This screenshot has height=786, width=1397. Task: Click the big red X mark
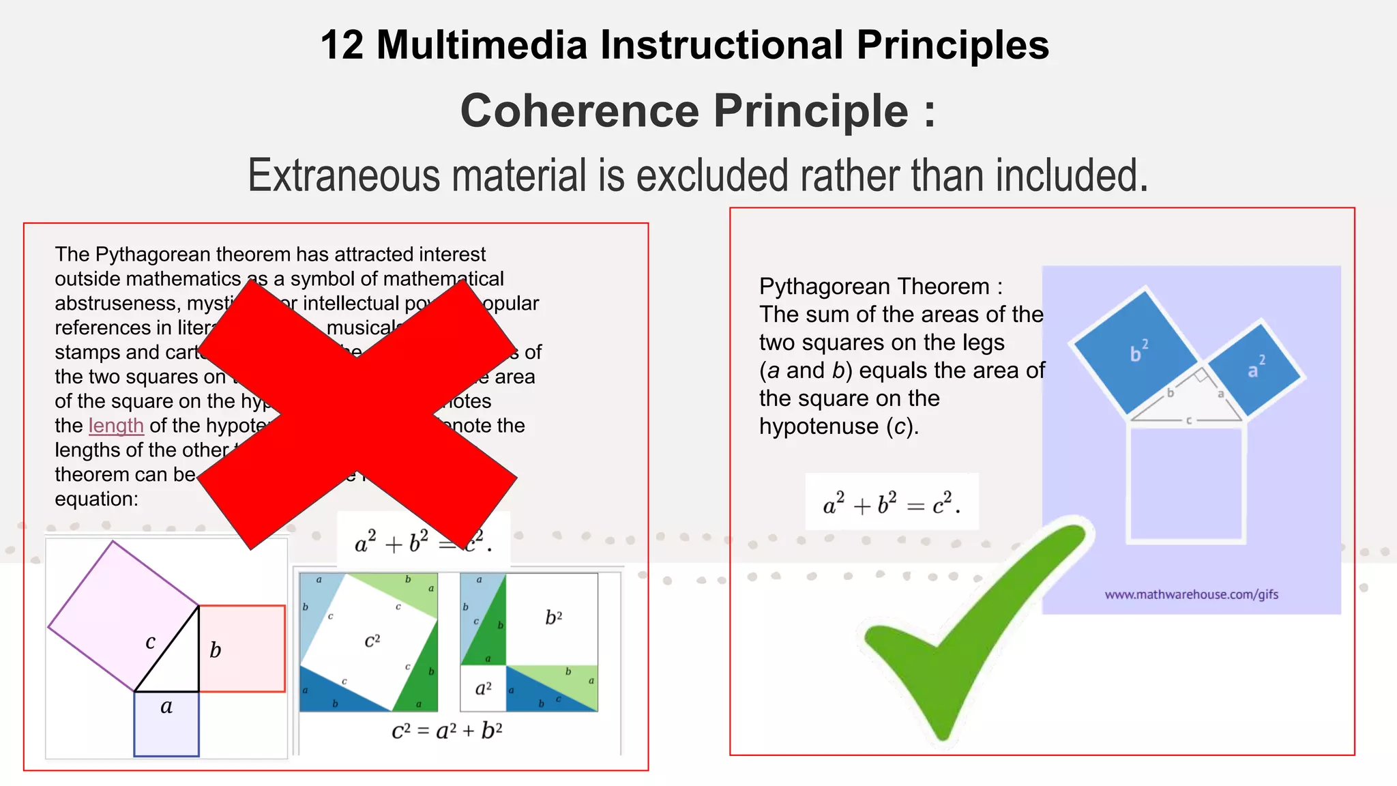click(357, 413)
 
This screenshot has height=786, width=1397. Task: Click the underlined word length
click(116, 426)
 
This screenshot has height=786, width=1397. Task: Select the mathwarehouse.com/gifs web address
click(1191, 594)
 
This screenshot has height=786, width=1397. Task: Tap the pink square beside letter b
click(243, 648)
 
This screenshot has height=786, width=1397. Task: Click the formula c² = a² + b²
click(447, 731)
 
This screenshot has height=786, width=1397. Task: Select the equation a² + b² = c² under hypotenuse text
click(892, 504)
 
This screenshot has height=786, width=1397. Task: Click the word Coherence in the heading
click(580, 111)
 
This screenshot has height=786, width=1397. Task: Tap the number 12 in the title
click(342, 45)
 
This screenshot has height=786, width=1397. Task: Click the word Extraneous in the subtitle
click(344, 175)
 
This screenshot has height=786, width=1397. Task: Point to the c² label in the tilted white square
click(372, 640)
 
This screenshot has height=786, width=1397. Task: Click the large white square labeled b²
click(553, 618)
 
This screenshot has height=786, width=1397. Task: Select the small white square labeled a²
click(483, 688)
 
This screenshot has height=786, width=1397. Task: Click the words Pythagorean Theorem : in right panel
click(881, 287)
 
